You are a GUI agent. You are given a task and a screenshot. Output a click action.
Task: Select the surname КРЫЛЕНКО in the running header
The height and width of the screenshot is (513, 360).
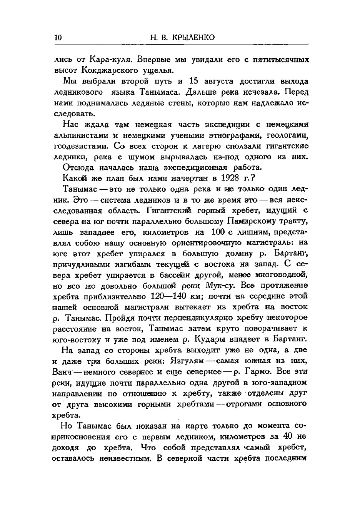coord(194,37)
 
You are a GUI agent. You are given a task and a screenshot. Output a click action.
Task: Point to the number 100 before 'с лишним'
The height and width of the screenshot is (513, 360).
coord(219,232)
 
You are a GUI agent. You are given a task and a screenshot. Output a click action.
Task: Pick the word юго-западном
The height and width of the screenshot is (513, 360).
coord(282,383)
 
